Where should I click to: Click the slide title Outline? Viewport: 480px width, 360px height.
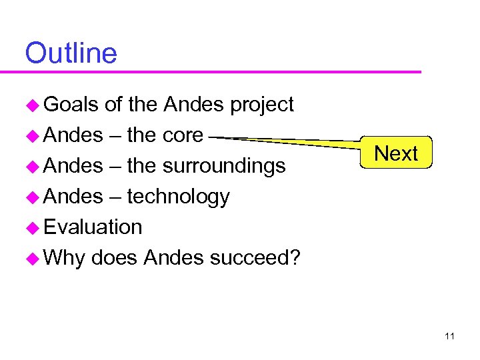coord(71,53)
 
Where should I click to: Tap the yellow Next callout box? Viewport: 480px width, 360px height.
coord(396,153)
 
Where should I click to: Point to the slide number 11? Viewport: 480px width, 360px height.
coord(449,336)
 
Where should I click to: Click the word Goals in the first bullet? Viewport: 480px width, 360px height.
coord(71,105)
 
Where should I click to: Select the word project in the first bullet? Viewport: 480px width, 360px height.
coord(261,105)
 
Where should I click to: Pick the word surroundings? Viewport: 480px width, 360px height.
coord(225,166)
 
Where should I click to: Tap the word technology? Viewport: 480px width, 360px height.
coord(178,197)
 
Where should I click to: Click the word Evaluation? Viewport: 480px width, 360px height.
coord(93,227)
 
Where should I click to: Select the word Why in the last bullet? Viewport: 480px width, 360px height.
coord(64,257)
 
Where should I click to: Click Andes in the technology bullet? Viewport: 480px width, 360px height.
coord(73,197)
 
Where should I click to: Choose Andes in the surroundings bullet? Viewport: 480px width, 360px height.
coord(73,166)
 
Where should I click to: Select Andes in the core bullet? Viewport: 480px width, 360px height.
coord(73,135)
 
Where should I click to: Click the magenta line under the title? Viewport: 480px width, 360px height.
coord(220,71)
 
